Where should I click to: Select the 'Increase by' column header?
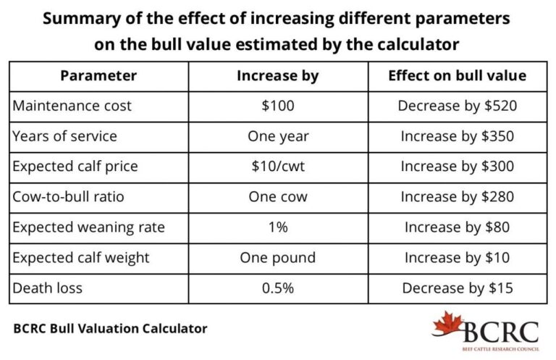[277, 75]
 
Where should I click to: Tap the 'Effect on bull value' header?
[457, 75]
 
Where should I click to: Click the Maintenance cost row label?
[72, 106]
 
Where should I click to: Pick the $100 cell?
[277, 106]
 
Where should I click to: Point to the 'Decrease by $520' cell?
[457, 106]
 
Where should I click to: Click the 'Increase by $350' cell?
[457, 136]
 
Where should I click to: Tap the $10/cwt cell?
[277, 167]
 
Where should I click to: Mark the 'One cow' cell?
[277, 197]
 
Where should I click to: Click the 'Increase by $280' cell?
[457, 197]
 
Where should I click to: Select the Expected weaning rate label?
[89, 227]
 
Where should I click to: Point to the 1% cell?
[277, 227]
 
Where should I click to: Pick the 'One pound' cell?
[277, 258]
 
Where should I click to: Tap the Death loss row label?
[48, 288]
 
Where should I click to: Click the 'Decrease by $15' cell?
[457, 288]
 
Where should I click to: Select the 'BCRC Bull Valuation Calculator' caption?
[110, 328]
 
